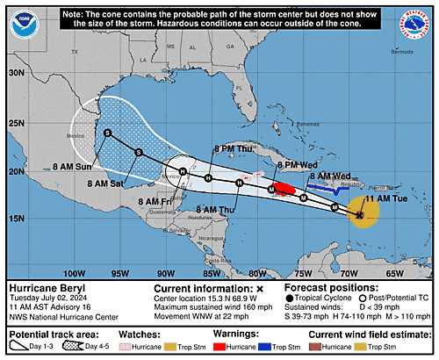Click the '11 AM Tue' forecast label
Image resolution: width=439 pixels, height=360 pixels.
click(392, 199)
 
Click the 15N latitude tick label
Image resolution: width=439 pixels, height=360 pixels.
click(15, 217)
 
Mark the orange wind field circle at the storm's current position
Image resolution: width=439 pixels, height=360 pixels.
click(363, 213)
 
